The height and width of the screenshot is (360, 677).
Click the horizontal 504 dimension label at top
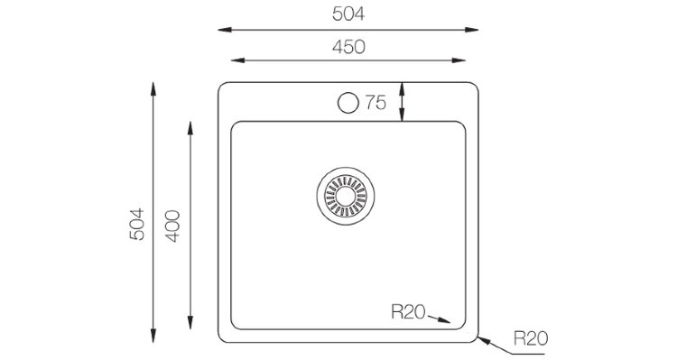point(348,14)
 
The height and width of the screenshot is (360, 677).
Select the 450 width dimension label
point(348,47)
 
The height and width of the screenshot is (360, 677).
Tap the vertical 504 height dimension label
point(137,224)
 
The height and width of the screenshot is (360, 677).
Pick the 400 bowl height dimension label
point(172,226)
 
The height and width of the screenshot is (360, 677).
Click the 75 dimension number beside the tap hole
point(376,103)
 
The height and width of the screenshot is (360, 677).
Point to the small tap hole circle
point(348,103)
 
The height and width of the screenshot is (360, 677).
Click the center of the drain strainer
point(346,197)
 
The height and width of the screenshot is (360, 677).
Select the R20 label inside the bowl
point(408,311)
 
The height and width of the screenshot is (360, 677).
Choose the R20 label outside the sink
point(531,338)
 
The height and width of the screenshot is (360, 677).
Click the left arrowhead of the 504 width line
point(225,30)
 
